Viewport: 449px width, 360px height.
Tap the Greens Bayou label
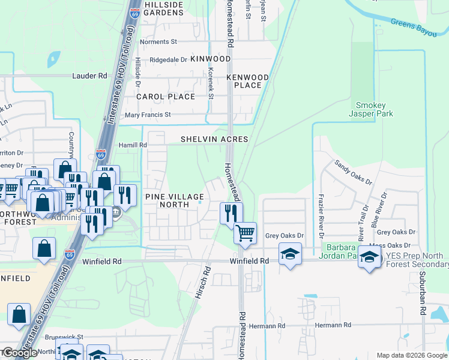click(x=414, y=27)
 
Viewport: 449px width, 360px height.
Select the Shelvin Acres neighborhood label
click(x=214, y=139)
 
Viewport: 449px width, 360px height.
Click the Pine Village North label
click(x=173, y=200)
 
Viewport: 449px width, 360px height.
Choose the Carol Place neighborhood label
click(x=166, y=97)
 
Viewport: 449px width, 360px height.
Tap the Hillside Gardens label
click(x=163, y=8)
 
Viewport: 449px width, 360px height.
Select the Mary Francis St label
click(x=147, y=115)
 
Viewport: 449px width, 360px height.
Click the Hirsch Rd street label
click(x=202, y=280)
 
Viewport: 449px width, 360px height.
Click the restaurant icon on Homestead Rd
click(x=231, y=212)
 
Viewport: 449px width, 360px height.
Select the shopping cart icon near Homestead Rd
click(x=244, y=232)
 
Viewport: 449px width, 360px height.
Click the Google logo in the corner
click(x=19, y=353)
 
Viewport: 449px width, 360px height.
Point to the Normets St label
click(x=158, y=42)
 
